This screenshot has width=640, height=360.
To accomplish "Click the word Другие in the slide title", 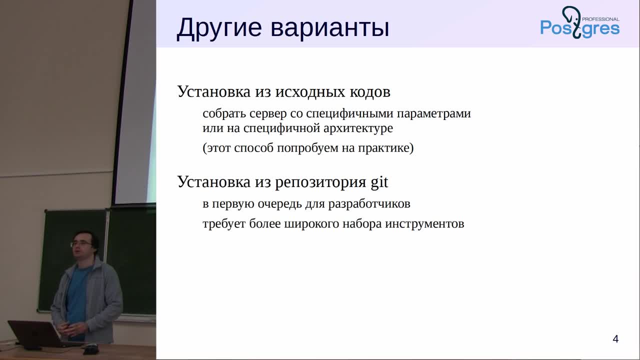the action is [219, 28].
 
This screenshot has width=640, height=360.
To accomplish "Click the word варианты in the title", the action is [329, 28].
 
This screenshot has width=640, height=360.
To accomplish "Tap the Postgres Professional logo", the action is [579, 22].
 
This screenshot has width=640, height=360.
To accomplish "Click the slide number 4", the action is [615, 339].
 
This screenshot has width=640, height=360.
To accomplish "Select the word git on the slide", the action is [379, 181].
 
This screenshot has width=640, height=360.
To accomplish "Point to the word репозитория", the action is [320, 182].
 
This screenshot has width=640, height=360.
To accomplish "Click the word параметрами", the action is [433, 114].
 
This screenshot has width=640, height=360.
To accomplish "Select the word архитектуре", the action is [358, 128].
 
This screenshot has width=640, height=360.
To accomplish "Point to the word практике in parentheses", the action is [383, 148].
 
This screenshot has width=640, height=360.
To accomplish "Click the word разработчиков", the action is [369, 204].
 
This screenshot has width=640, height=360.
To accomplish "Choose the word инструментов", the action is [424, 223].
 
